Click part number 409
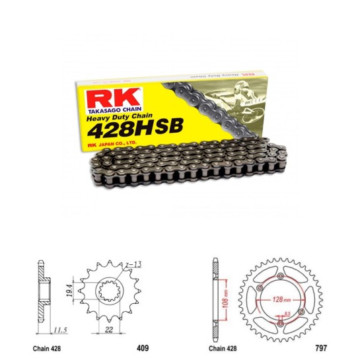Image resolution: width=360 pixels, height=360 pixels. [x=142, y=347]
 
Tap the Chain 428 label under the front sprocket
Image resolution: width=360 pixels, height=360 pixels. [x=48, y=347]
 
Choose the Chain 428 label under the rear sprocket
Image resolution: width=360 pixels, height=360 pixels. [x=223, y=347]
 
